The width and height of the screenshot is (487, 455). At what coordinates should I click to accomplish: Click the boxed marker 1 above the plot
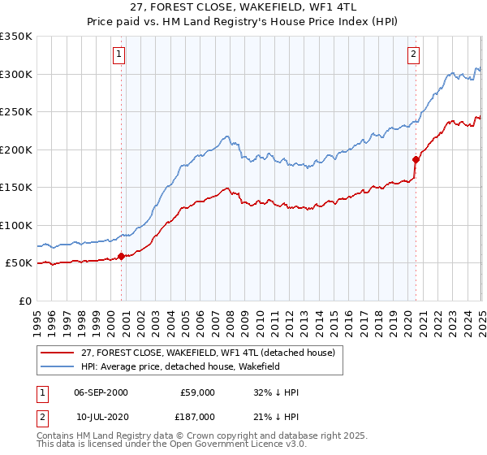(119, 54)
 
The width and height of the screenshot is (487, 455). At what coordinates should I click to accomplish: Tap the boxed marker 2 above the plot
(413, 54)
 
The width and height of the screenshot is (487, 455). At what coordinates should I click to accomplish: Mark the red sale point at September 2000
(122, 256)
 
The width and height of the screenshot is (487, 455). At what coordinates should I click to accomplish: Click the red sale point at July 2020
(416, 159)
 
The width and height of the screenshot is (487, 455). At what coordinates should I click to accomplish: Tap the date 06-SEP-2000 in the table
(101, 392)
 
